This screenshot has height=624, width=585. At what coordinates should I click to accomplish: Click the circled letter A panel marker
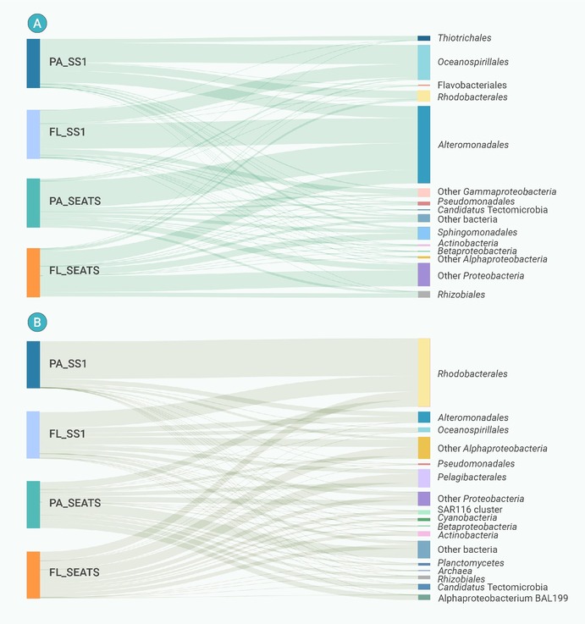click(x=36, y=24)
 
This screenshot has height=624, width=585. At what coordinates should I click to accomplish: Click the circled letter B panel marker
click(x=36, y=322)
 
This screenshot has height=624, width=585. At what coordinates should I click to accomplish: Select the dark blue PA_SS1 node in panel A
click(x=33, y=64)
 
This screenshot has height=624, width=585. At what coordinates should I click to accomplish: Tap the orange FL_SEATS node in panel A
click(x=33, y=273)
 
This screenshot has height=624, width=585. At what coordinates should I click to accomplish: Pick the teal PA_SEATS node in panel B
click(x=33, y=505)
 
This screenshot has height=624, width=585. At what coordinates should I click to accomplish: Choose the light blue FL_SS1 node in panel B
click(x=33, y=434)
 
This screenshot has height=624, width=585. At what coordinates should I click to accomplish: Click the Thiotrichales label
click(x=464, y=38)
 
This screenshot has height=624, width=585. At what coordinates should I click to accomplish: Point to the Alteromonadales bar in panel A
click(x=423, y=145)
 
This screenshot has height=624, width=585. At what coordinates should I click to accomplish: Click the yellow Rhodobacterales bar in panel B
click(x=423, y=373)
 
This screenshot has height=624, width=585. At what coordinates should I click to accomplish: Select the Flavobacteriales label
click(x=472, y=86)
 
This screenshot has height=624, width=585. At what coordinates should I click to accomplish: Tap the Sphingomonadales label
click(x=477, y=232)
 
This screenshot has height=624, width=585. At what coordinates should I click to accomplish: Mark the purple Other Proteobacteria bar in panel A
click(x=423, y=274)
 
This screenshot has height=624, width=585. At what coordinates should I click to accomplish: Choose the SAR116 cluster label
click(x=470, y=510)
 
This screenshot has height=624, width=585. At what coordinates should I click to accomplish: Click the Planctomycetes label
click(x=471, y=563)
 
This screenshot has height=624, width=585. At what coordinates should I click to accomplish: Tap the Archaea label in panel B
click(x=454, y=572)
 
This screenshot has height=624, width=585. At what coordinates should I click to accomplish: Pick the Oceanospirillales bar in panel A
click(x=423, y=63)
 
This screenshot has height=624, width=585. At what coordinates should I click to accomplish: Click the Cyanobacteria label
click(x=467, y=518)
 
